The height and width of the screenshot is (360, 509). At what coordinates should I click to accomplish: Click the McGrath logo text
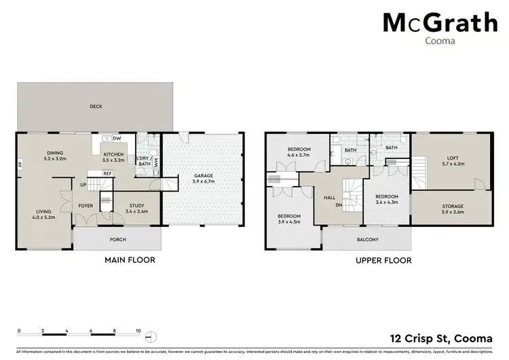(x=440, y=23)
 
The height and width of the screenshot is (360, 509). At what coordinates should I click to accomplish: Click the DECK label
(x=96, y=107)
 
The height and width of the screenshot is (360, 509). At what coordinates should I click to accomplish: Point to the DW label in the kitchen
(x=117, y=139)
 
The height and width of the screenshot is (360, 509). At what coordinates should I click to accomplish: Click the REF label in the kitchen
(x=107, y=174)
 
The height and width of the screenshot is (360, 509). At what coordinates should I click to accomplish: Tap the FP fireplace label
(x=20, y=165)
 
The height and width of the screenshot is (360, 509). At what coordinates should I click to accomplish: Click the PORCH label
(x=117, y=239)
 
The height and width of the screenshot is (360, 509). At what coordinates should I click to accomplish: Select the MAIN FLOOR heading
(x=129, y=260)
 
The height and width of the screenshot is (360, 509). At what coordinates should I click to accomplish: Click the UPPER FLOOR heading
(x=384, y=260)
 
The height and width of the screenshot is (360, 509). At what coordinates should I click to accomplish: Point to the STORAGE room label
(x=452, y=206)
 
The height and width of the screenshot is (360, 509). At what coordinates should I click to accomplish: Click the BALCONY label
(x=367, y=240)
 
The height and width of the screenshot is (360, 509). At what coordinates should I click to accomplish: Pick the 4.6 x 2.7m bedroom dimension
(x=299, y=156)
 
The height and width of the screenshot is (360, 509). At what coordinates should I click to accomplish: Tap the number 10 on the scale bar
(x=138, y=331)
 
